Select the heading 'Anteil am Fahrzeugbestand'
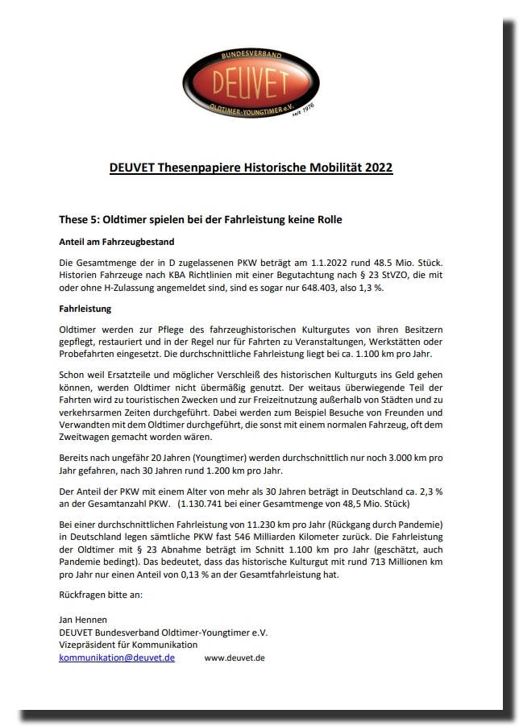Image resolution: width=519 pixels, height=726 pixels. click(117, 242)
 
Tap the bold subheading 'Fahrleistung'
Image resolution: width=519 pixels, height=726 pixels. click(85, 309)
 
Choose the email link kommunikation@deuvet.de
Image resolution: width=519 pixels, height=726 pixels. click(117, 658)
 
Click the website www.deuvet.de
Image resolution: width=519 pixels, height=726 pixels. click(235, 658)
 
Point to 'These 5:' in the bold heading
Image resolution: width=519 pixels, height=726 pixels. click(82, 219)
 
